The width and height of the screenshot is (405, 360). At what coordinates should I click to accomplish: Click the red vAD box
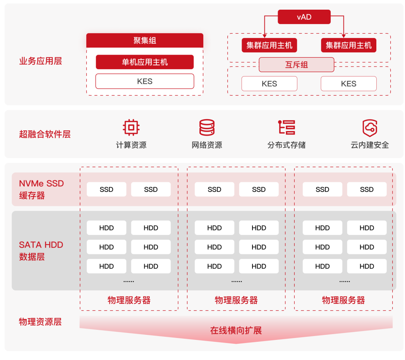click(304, 17)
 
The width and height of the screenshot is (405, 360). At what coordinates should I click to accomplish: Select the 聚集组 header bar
click(145, 40)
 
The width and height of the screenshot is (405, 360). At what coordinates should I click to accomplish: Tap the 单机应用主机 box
click(145, 62)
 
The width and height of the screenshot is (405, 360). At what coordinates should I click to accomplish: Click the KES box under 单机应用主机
click(145, 81)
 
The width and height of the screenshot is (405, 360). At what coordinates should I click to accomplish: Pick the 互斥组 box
click(296, 65)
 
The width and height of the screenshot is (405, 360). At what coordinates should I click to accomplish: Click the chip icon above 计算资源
click(131, 127)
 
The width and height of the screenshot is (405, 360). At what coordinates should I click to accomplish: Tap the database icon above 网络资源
click(207, 127)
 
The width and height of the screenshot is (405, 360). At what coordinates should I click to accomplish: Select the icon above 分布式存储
click(287, 127)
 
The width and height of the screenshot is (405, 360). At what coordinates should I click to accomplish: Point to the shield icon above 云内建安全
click(369, 127)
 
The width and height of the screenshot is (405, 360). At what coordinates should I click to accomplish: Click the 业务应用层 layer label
click(40, 61)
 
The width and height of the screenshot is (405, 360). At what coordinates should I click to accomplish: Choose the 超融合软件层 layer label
click(45, 134)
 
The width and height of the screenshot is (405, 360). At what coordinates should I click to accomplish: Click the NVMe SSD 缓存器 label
click(41, 189)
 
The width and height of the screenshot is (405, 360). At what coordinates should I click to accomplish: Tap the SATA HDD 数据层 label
click(41, 250)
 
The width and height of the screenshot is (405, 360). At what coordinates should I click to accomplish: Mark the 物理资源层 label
click(40, 322)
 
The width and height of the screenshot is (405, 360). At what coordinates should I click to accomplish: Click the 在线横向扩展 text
click(236, 330)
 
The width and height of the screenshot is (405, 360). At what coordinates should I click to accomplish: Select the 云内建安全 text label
click(369, 145)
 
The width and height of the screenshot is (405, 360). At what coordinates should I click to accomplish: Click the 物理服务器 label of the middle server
click(236, 300)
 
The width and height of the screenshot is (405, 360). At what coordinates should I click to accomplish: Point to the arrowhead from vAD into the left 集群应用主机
click(264, 36)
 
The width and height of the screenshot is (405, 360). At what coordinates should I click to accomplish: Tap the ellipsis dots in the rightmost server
click(344, 281)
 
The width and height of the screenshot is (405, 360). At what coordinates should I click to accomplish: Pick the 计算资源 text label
click(131, 145)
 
